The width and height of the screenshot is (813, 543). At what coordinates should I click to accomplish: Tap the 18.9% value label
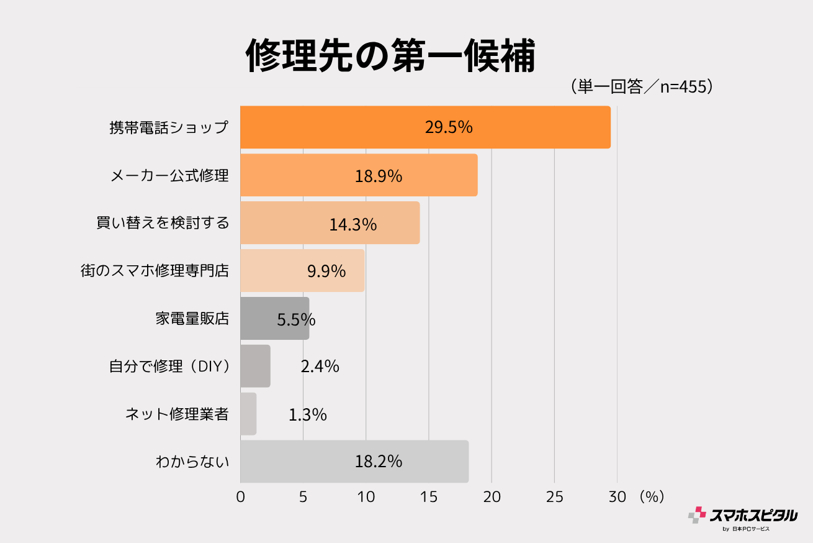379,176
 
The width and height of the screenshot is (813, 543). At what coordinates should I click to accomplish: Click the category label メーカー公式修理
169,176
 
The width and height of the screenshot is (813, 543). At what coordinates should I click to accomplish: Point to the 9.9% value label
326,271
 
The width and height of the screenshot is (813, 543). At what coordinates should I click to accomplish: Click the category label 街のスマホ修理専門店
155,271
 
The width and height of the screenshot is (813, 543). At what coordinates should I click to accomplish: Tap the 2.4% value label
320,367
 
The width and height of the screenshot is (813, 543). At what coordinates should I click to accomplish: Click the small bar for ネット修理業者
248,414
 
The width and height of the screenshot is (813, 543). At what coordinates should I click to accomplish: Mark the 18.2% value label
379,462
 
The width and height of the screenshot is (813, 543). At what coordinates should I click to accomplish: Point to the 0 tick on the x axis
241,497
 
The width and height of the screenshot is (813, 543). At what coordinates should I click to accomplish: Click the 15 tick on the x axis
429,497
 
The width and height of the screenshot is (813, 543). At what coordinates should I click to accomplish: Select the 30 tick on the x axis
617,497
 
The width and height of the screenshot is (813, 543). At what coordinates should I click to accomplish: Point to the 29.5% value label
449,127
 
